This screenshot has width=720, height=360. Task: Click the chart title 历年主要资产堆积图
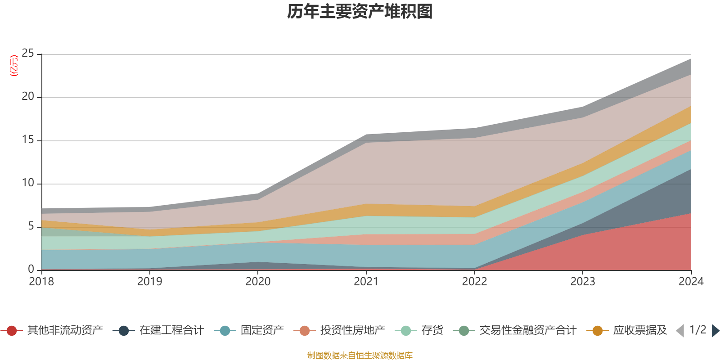click(x=360, y=12)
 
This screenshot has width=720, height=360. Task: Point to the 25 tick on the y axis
click(x=28, y=54)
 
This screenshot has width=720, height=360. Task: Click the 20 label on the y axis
click(x=28, y=97)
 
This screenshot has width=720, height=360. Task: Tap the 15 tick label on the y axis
click(x=28, y=140)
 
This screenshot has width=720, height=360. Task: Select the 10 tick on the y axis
click(x=28, y=183)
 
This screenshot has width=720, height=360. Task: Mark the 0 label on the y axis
click(x=31, y=269)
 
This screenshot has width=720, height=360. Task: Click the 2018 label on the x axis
click(x=41, y=282)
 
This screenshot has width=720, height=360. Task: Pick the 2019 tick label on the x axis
click(x=149, y=282)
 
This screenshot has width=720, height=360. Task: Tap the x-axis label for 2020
click(x=258, y=282)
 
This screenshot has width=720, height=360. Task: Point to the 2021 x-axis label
click(x=366, y=282)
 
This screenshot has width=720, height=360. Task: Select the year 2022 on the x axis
click(x=474, y=282)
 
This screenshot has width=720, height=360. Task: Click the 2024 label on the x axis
click(x=691, y=282)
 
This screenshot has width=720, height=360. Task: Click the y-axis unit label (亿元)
click(x=14, y=66)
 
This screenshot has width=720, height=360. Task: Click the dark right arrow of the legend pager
click(x=715, y=331)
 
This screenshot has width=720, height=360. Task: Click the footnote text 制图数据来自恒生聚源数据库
click(x=360, y=355)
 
